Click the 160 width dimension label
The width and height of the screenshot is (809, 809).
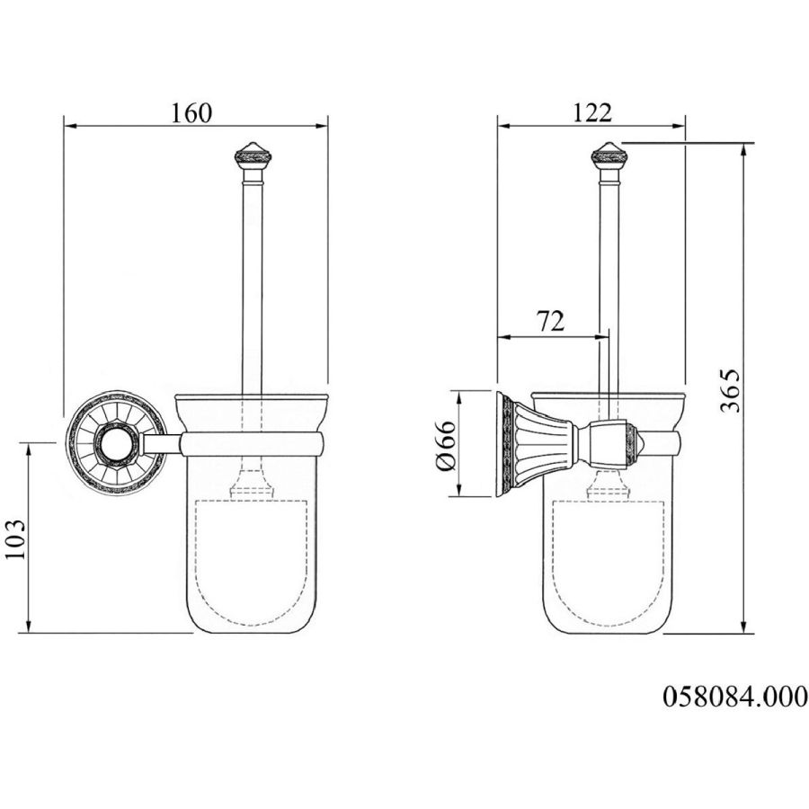click(x=191, y=113)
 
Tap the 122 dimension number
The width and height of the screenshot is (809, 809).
click(x=592, y=113)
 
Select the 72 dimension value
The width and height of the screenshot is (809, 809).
click(x=550, y=322)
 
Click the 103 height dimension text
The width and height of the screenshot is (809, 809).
click(x=15, y=538)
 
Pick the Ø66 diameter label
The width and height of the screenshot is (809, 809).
click(x=446, y=445)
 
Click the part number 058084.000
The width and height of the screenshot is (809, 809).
click(x=734, y=696)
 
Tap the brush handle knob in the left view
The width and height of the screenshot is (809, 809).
click(x=253, y=155)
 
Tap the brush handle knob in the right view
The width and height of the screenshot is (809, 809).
click(x=609, y=155)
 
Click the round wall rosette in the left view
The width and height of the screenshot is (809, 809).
click(x=116, y=443)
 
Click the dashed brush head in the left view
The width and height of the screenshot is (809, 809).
click(x=252, y=562)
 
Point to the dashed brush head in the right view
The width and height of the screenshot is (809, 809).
click(x=608, y=562)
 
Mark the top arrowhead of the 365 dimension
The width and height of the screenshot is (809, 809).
click(x=743, y=149)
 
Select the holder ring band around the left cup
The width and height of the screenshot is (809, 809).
click(x=253, y=445)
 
